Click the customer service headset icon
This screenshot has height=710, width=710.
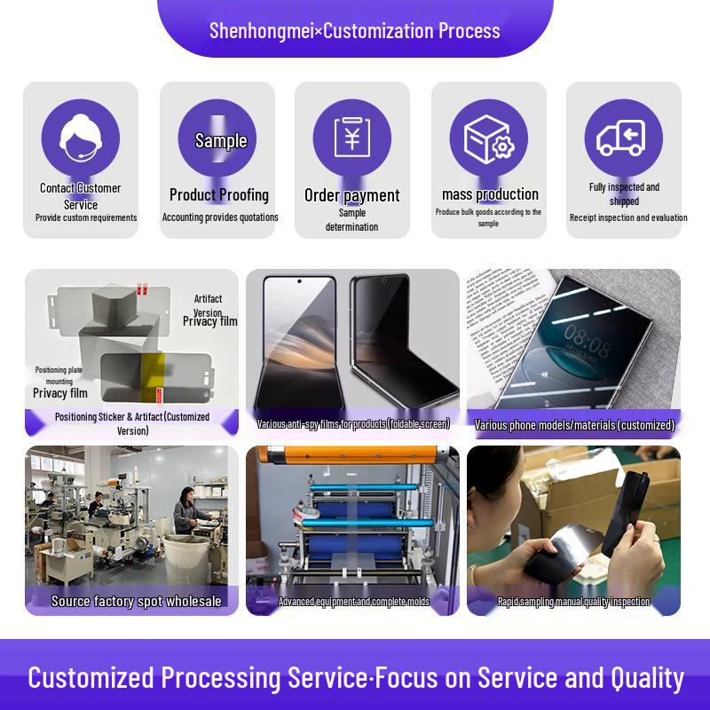(80, 138)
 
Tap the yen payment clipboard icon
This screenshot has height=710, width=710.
(351, 138)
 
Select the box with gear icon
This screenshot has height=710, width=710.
(489, 138)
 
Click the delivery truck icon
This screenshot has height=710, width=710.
(622, 138)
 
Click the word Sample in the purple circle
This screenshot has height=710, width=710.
(221, 140)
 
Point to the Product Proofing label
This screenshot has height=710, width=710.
(218, 194)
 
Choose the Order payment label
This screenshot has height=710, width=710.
(351, 195)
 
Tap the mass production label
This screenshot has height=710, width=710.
(490, 194)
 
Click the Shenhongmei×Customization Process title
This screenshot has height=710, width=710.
(355, 30)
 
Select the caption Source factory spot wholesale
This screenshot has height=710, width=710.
(136, 601)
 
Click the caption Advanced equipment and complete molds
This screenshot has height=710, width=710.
(353, 602)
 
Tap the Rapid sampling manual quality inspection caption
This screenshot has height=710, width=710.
(574, 602)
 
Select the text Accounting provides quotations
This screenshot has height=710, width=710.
(220, 217)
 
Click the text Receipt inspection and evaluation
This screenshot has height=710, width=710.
(628, 217)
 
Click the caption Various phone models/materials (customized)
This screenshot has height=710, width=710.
(574, 425)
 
